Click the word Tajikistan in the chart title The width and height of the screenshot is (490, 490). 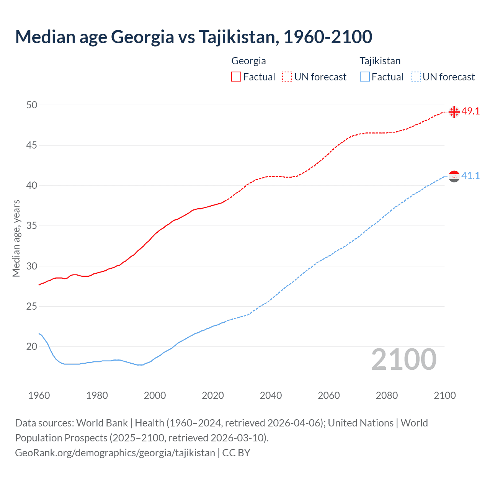(237, 37)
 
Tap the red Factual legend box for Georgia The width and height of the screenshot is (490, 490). (236, 77)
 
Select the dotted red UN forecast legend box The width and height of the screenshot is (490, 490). (287, 77)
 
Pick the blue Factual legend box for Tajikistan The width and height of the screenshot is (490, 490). (365, 77)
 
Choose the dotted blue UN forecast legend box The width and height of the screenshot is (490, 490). (416, 77)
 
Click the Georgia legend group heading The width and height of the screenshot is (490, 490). (248, 61)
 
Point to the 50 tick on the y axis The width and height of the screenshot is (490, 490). (32, 105)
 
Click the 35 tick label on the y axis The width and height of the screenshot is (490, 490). (32, 226)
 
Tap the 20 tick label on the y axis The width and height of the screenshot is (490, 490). (32, 347)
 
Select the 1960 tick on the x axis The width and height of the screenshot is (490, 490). (39, 395)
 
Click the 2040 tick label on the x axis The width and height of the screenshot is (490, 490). (271, 395)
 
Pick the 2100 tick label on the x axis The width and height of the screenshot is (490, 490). (444, 395)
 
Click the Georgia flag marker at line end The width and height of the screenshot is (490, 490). (454, 112)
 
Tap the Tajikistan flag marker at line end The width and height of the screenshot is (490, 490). (454, 176)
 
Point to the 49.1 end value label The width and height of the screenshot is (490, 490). (470, 111)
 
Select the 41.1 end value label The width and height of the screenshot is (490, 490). (470, 176)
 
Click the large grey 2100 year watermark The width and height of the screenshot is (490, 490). (404, 359)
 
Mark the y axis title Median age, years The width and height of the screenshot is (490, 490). (16, 238)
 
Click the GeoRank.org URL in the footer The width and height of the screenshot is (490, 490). (115, 453)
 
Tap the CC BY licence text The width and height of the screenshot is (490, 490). (236, 453)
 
